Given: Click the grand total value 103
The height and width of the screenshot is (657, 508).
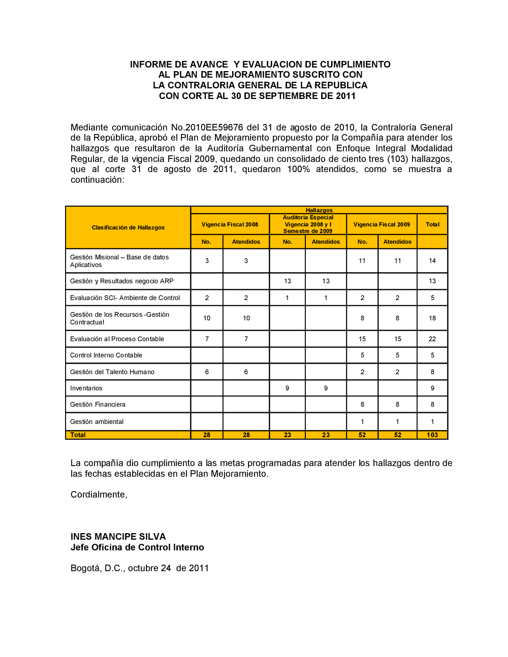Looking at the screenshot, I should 432,435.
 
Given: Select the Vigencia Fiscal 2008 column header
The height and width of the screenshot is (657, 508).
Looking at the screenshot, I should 230,224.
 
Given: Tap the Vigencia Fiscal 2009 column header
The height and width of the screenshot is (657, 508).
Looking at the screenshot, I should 382,224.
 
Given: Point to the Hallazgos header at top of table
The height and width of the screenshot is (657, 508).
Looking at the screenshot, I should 319,210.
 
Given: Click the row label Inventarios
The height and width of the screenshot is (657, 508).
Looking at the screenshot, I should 86,388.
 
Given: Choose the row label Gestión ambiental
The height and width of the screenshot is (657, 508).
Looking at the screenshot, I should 97,422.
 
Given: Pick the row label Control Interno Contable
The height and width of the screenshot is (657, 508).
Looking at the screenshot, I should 106,355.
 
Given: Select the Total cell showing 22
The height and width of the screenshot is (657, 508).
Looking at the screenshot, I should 432,339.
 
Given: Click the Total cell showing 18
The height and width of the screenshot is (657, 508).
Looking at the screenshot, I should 432,318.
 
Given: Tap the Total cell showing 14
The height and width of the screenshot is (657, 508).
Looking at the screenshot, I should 432,261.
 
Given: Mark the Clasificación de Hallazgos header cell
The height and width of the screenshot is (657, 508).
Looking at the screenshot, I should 128,227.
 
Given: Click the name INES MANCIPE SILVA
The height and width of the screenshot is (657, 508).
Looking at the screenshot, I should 118,537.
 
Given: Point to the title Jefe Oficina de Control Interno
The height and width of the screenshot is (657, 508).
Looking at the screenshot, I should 137,547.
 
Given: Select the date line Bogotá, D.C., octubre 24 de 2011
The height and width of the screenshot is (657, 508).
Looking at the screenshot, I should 140,568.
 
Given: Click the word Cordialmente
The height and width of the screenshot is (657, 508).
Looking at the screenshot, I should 99,495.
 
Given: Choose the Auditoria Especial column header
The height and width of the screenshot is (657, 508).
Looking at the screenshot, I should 308,224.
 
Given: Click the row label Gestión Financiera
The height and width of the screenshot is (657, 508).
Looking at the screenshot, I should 98,405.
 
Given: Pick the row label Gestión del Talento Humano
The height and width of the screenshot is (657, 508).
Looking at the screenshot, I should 112,372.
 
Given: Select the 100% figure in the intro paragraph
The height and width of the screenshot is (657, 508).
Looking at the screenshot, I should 298,169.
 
